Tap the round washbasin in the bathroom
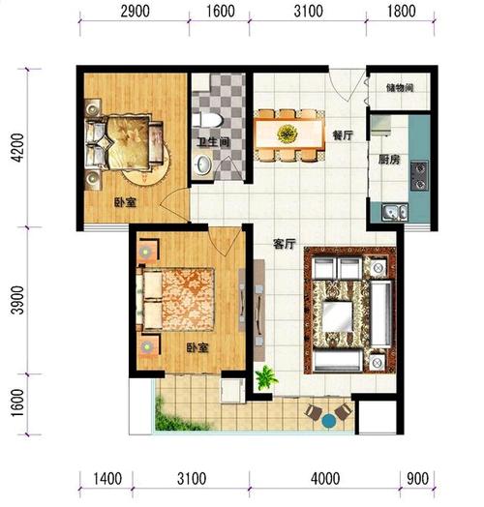(203, 164)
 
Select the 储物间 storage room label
(400, 88)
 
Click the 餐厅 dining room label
(343, 135)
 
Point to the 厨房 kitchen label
(389, 160)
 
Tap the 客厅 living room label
(285, 244)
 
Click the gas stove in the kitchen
(419, 176)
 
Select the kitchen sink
(395, 213)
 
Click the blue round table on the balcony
(329, 421)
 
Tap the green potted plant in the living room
(266, 377)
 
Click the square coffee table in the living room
(337, 316)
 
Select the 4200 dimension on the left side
(17, 147)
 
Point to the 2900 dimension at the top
(135, 12)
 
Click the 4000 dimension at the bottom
(325, 479)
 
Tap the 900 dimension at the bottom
(417, 479)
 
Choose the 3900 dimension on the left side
(17, 300)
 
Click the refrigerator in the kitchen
(381, 126)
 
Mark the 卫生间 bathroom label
(213, 142)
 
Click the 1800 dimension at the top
(401, 12)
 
